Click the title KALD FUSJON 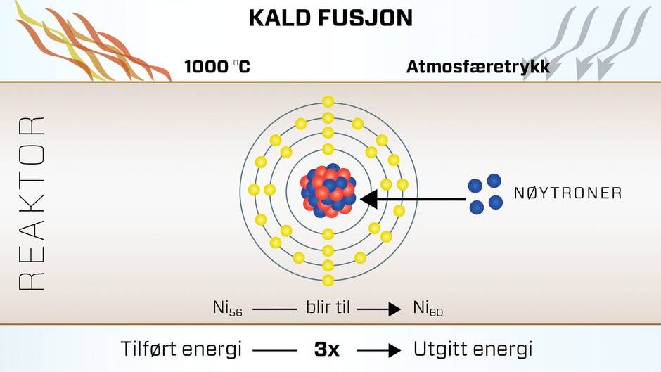point(330,18)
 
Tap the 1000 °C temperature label point(217,67)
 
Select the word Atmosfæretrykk point(478,67)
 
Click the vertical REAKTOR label point(32,203)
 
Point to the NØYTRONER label point(568,193)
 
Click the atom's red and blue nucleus point(328,191)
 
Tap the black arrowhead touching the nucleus point(369,198)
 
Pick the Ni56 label point(228,308)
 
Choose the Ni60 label point(428,308)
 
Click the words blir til point(328,307)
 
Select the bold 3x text point(327,349)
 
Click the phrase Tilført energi point(181,349)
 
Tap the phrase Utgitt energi point(473,349)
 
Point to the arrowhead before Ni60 point(394,309)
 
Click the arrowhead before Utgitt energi point(394,350)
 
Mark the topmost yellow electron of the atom point(328,102)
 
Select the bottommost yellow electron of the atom point(328,280)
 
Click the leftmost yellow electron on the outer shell point(254,190)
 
